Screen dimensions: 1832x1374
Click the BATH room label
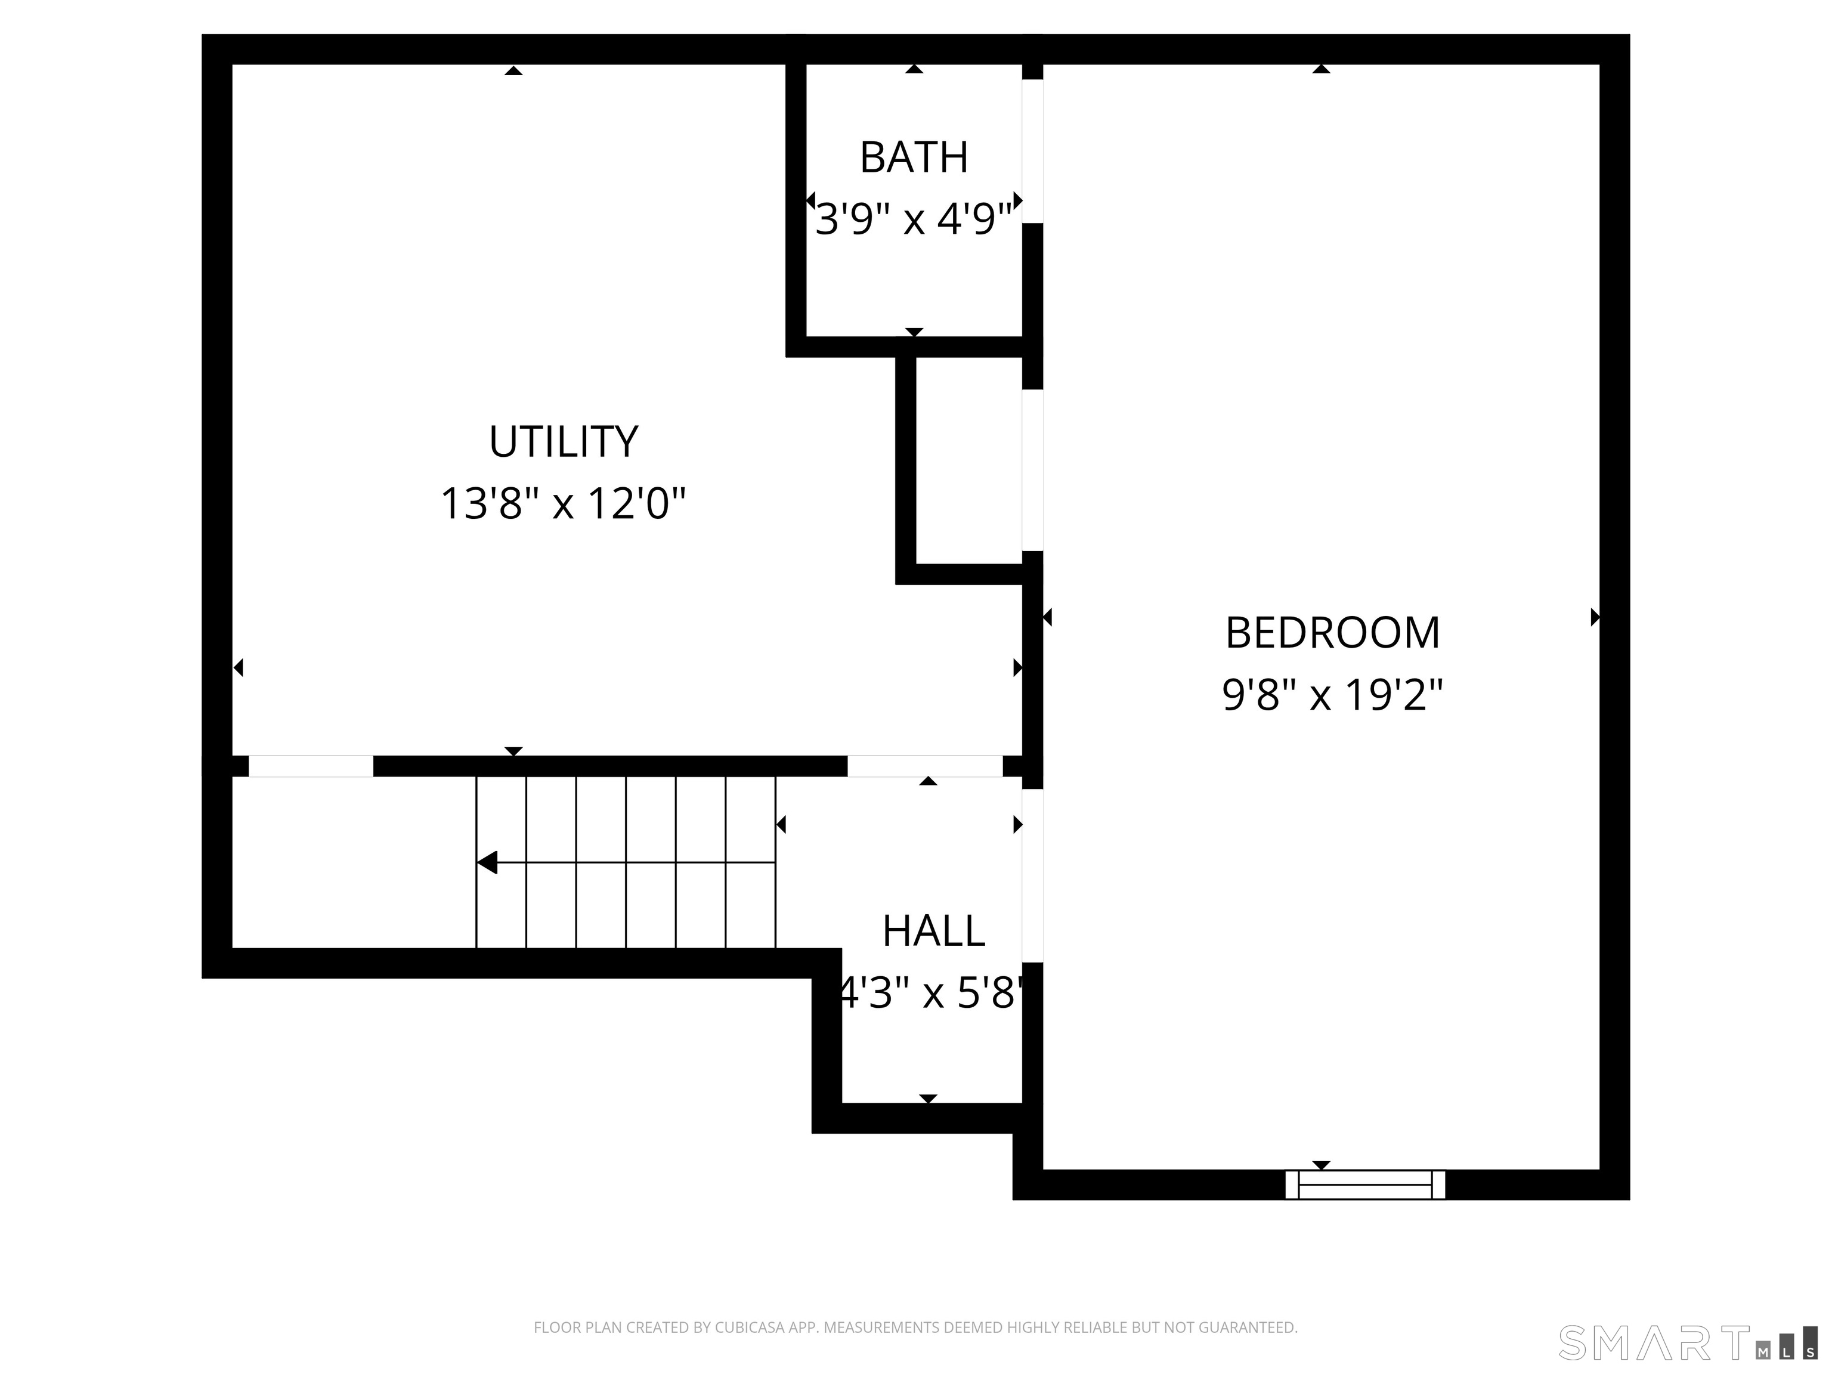914,157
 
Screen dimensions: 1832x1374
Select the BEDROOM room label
1333,633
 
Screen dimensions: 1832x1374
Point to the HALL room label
933,931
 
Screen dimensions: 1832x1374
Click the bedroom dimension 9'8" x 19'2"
1333,695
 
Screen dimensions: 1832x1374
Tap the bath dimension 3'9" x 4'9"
914,219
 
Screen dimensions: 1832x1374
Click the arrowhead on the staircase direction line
487,862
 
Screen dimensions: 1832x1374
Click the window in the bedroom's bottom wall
1365,1184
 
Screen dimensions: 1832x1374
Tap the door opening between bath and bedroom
1032,151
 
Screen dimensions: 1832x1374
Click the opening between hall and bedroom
1032,875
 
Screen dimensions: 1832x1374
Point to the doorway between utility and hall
925,766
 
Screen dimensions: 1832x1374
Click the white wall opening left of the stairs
311,766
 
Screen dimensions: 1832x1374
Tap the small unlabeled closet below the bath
969,460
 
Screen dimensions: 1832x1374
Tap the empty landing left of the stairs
354,862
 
